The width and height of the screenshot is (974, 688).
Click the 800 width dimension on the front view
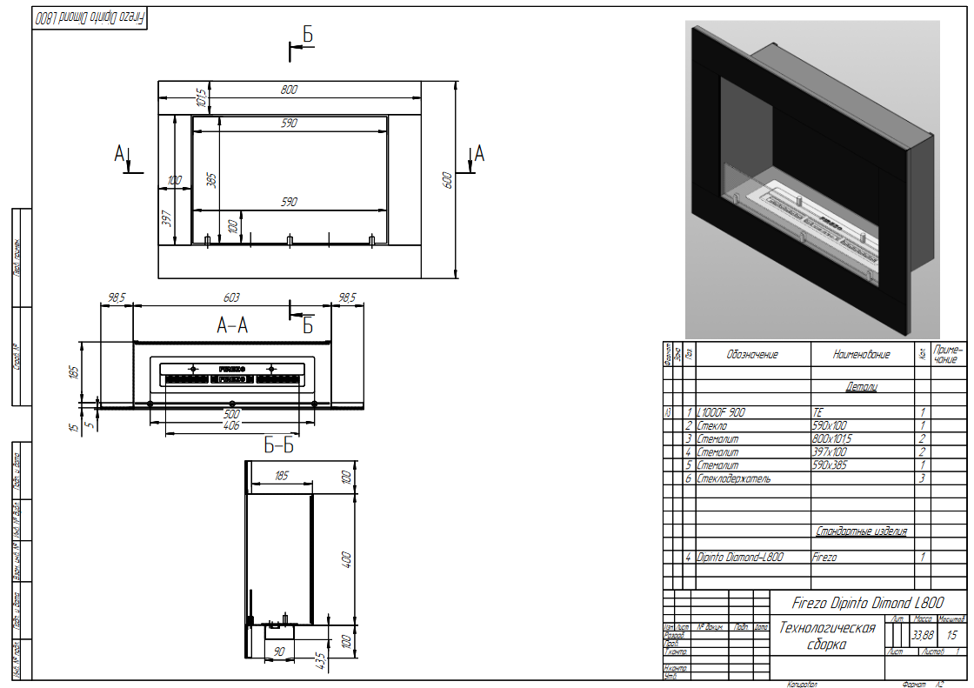[x=290, y=90]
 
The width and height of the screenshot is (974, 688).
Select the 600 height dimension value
[x=447, y=180]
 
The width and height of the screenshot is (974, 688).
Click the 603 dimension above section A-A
[x=232, y=297]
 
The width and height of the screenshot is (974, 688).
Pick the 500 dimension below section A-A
[x=231, y=414]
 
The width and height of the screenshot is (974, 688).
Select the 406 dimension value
[x=231, y=426]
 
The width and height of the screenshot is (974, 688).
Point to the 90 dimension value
[x=280, y=651]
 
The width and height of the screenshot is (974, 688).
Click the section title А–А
[x=232, y=326]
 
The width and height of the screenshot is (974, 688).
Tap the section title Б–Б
[x=279, y=446]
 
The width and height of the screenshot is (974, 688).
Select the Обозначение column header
[x=753, y=355]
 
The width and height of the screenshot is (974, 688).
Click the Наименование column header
[x=862, y=355]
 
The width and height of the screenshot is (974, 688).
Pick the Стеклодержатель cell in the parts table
[x=734, y=478]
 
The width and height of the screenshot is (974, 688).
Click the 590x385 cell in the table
[x=831, y=465]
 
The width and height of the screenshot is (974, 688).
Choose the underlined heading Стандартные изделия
[x=862, y=531]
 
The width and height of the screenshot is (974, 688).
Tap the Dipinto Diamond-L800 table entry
[x=740, y=558]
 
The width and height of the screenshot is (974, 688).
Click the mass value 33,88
[x=923, y=636]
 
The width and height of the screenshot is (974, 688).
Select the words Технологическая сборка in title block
[x=827, y=636]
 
